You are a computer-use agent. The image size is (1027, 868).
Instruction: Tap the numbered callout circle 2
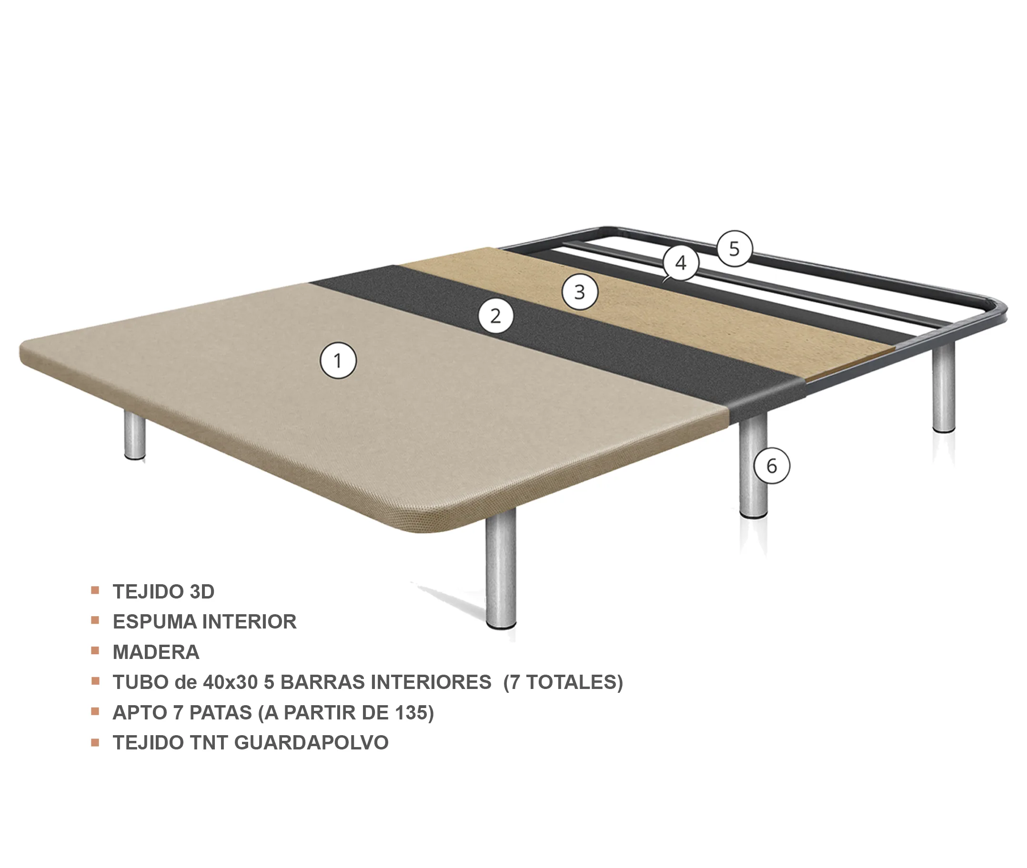click(496, 315)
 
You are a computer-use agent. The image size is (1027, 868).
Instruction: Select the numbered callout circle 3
click(580, 292)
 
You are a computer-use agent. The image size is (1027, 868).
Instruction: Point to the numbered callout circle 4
click(681, 263)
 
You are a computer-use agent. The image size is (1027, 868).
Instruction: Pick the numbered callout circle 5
click(734, 249)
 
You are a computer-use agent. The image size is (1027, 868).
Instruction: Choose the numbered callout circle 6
click(772, 466)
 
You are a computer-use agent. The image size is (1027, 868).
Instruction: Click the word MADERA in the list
click(156, 652)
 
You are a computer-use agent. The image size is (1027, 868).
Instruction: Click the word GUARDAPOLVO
click(311, 742)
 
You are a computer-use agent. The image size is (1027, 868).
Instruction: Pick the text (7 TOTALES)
click(563, 682)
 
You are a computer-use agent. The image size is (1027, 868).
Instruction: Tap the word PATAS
click(221, 712)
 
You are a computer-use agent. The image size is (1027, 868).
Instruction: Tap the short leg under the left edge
click(134, 435)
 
